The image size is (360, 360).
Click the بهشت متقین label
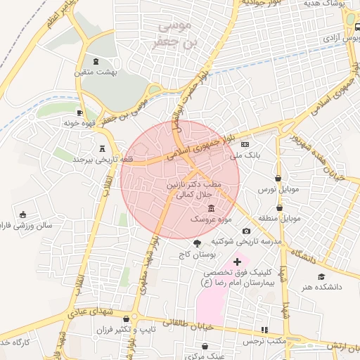(96, 72)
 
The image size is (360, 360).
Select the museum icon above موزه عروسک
(212, 209)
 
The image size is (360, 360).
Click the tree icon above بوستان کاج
(206, 243)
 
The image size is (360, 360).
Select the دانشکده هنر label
(322, 288)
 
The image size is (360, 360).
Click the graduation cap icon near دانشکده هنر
(321, 277)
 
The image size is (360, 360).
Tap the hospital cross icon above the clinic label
(237, 262)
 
